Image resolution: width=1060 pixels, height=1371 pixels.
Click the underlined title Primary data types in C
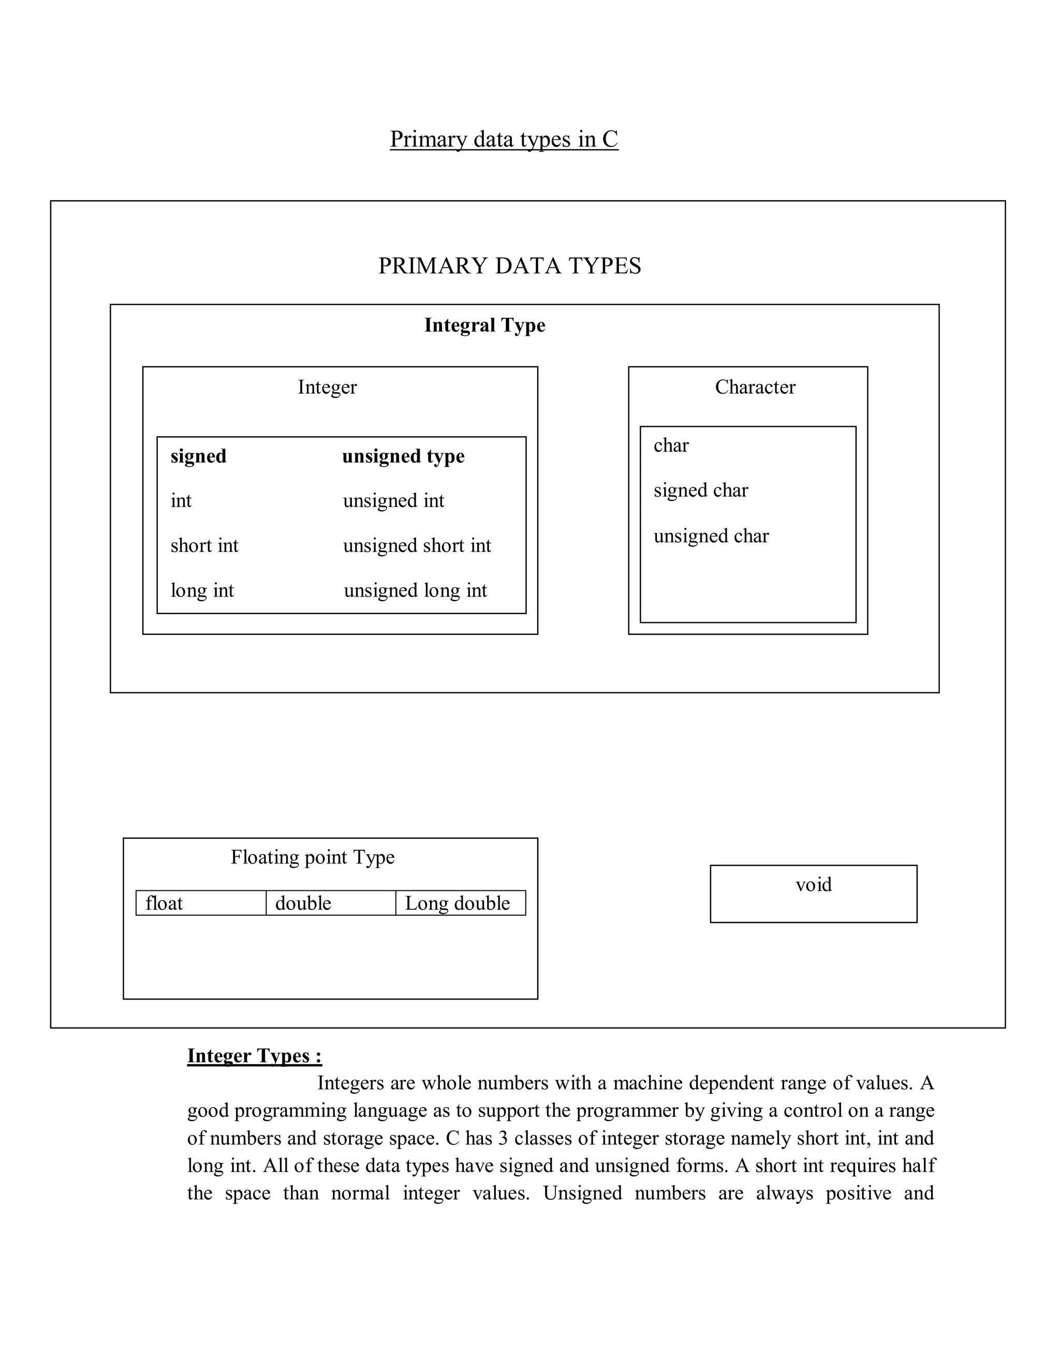coord(504,139)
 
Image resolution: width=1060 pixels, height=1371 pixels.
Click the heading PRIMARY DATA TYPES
coord(509,266)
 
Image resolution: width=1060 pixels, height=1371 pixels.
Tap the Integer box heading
coord(327,388)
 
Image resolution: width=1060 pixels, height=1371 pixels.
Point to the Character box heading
coord(755,388)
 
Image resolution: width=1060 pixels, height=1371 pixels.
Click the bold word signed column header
coord(198,456)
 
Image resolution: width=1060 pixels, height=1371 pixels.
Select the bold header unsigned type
coord(403,456)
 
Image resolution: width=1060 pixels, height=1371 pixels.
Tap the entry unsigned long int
coord(415,591)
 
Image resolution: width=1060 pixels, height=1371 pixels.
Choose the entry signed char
coord(700,490)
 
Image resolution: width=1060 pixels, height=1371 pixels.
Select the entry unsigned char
coord(711,536)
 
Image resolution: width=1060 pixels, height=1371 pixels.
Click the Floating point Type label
coord(312,857)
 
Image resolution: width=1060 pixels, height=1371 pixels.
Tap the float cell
coord(164,903)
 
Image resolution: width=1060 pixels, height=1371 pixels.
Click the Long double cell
coord(457,903)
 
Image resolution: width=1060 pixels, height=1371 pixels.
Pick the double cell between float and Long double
coord(303,903)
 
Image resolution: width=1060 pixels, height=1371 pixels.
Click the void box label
coord(813,885)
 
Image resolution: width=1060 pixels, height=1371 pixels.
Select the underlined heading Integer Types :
coord(254,1056)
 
